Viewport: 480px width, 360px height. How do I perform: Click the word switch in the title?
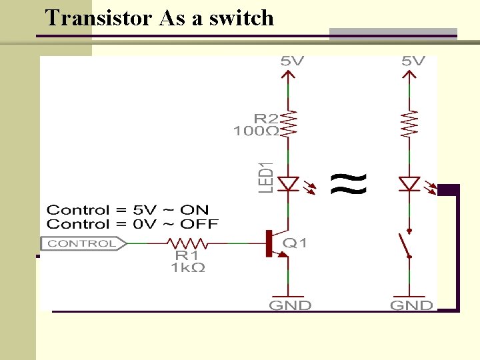(241, 17)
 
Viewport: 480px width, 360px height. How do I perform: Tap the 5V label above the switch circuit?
(413, 61)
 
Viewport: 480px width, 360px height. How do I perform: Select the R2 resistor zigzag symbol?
(288, 123)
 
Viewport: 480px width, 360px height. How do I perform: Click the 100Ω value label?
(255, 131)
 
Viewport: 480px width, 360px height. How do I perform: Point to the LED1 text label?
(266, 178)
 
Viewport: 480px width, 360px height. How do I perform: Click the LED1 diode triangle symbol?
(288, 183)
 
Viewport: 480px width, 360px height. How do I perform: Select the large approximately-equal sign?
(349, 183)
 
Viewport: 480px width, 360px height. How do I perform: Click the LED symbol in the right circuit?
(408, 183)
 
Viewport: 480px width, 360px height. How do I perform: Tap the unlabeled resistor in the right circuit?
(408, 123)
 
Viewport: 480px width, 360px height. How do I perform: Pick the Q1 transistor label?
(295, 243)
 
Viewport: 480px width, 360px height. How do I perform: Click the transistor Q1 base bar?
(268, 243)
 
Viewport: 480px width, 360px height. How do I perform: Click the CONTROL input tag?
(82, 243)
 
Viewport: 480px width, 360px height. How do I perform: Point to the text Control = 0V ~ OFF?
(132, 225)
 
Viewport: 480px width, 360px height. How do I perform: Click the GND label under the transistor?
(290, 305)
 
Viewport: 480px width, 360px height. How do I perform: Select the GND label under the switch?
(411, 305)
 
